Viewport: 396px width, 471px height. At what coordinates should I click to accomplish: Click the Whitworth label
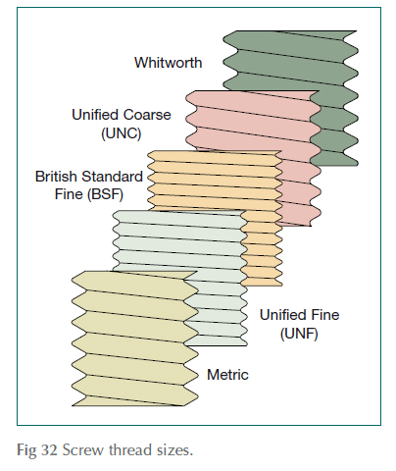169,63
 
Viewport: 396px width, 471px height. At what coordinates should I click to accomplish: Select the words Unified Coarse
123,115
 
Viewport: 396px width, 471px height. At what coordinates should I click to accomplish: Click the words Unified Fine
299,315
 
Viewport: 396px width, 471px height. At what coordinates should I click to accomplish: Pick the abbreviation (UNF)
299,333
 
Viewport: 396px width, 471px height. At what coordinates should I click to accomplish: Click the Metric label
227,375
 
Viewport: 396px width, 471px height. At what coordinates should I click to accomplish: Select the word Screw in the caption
77,450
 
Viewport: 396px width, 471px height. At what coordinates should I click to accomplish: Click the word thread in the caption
122,450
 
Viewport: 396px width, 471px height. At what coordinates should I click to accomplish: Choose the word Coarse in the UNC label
152,115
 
